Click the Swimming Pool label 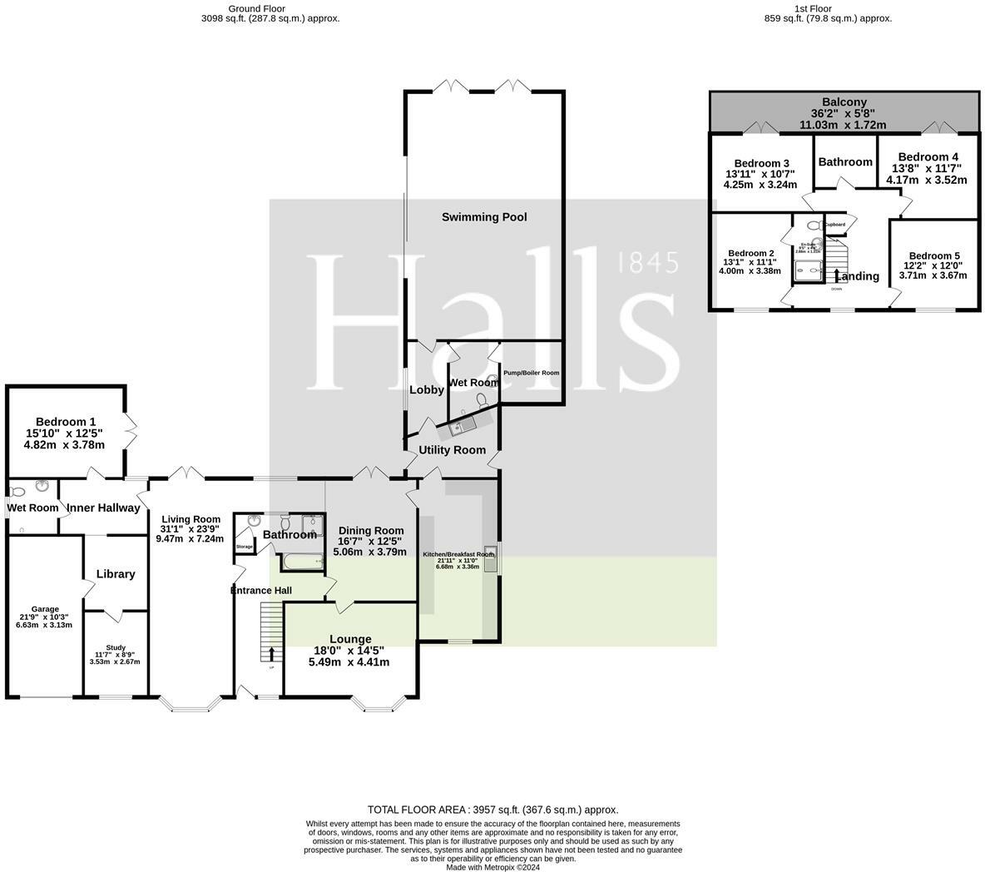tap(483, 217)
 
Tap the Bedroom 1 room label tap(65, 422)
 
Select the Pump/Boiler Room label tap(531, 373)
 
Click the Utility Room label tap(452, 450)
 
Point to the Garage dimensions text tap(44, 621)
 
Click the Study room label tap(115, 647)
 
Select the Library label tap(116, 574)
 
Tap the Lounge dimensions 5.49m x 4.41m tap(349, 662)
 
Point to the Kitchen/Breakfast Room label tap(458, 554)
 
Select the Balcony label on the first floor tap(844, 102)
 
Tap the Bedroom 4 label tap(928, 156)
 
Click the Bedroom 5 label tap(933, 256)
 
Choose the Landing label tap(858, 276)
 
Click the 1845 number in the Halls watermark tap(649, 264)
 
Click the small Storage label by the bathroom tap(244, 547)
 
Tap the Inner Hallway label tap(103, 508)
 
